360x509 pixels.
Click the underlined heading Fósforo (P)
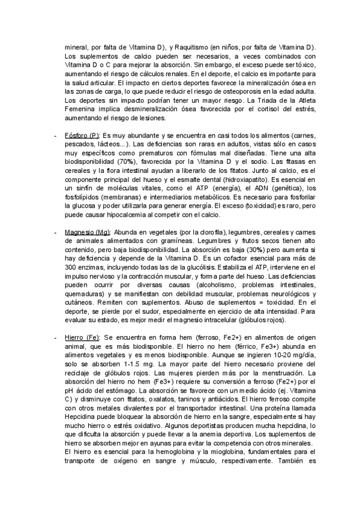coord(81,136)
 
